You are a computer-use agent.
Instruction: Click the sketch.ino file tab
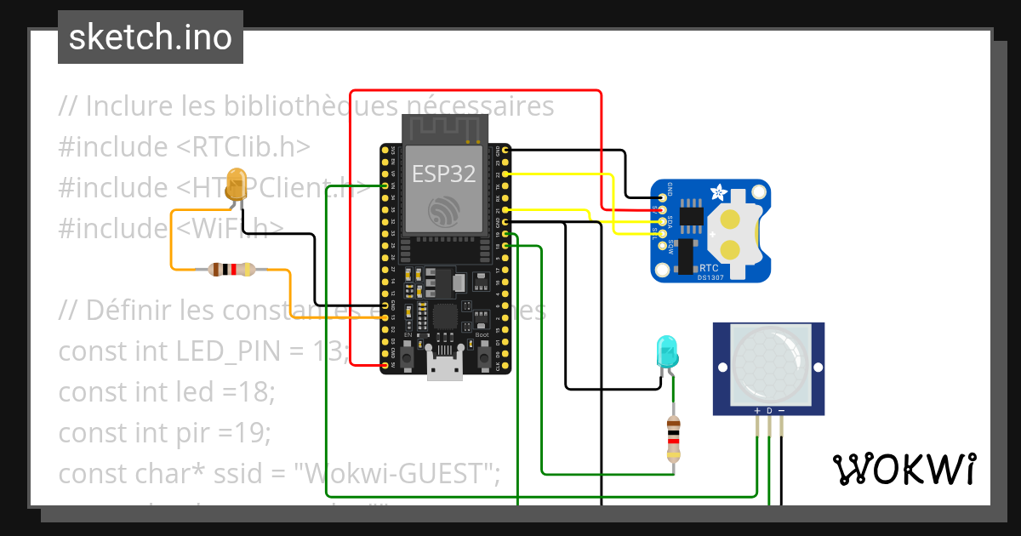[x=150, y=37]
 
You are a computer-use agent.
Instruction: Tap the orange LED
[x=237, y=185]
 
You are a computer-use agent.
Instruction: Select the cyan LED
[x=666, y=351]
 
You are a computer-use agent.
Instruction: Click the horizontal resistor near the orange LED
[x=231, y=271]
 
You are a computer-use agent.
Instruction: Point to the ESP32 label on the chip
[x=443, y=174]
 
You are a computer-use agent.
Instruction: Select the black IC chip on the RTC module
[x=692, y=217]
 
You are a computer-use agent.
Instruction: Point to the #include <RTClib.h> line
[x=184, y=146]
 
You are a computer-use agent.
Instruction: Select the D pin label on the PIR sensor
[x=769, y=411]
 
